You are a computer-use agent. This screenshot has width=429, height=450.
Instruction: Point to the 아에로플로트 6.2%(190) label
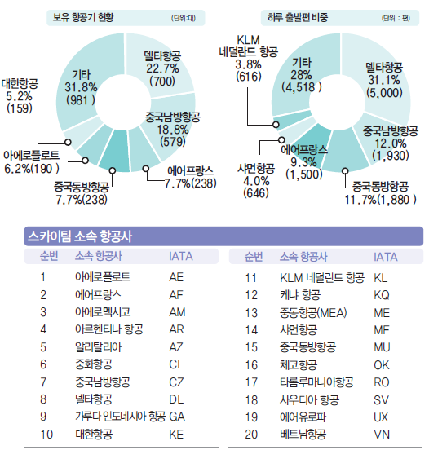pos(33,162)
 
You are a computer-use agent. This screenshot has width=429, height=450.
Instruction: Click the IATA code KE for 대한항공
pos(176,435)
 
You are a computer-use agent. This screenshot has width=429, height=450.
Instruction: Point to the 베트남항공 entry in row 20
pos(302,435)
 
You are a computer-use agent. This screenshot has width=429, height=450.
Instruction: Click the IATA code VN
pos(380,435)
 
